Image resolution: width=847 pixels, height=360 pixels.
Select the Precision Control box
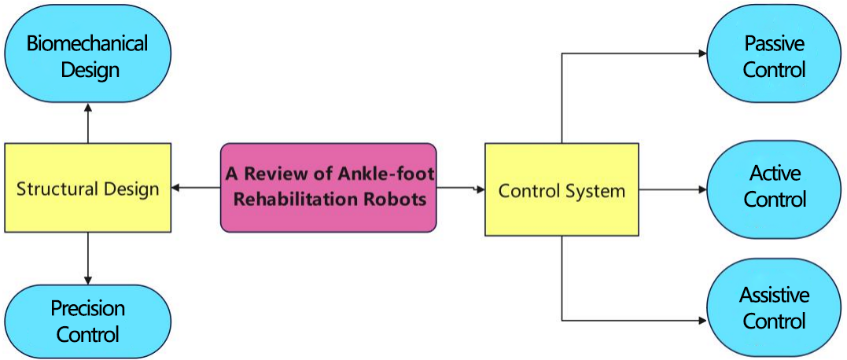[87, 321]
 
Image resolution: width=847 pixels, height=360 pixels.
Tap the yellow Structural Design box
[87, 189]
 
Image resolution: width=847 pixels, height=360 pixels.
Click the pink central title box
[328, 188]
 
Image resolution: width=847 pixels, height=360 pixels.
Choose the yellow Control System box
[562, 190]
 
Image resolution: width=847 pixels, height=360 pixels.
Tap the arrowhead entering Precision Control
[88, 280]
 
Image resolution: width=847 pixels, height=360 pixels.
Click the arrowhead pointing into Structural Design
[175, 188]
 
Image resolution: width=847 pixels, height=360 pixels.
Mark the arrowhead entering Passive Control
[702, 53]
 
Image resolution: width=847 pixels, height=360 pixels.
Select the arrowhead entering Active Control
[702, 189]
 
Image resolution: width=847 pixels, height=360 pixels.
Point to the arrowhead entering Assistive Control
[702, 321]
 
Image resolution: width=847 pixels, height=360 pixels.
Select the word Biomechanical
[87, 43]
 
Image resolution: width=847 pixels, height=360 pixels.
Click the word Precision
[87, 309]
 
